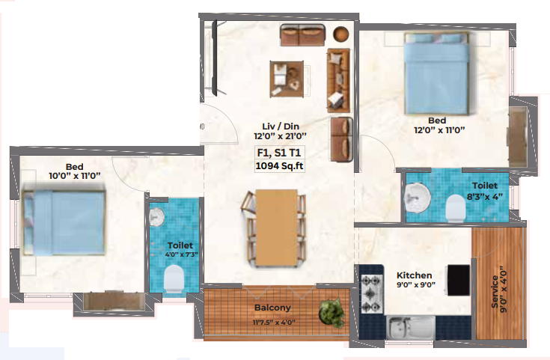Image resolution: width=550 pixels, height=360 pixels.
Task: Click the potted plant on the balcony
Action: point(331,313)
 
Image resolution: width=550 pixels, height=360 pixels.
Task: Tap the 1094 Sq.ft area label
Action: point(280,165)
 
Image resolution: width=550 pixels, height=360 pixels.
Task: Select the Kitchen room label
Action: point(415,275)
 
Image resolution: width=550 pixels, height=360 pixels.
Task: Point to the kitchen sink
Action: point(411,327)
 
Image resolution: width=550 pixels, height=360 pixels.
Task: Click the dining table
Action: point(276,228)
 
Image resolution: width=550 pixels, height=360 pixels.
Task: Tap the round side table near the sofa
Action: point(340,34)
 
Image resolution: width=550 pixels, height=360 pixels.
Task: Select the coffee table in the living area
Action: point(287,79)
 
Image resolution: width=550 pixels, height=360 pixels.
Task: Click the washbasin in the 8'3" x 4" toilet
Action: point(418,197)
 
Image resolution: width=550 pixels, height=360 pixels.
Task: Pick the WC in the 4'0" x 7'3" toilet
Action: point(174,278)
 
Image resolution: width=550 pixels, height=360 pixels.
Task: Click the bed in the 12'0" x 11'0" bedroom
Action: point(437,73)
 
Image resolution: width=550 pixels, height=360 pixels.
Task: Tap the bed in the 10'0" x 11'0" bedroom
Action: point(64,222)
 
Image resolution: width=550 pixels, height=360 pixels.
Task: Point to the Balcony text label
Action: point(272,308)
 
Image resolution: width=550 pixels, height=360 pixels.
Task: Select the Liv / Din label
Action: point(281,126)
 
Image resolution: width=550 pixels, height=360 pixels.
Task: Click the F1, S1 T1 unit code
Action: point(279,153)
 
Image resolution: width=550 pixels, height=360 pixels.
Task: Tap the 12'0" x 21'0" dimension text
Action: point(281,135)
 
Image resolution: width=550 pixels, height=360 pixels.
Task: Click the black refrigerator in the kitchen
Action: point(459,281)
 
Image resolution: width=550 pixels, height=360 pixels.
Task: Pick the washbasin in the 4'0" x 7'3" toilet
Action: point(156,216)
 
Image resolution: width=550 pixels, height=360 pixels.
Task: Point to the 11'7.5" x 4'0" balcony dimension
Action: point(274,322)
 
